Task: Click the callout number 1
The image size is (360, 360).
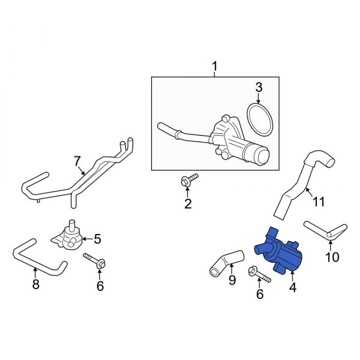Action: (x=214, y=65)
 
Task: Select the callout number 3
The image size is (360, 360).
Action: (x=259, y=88)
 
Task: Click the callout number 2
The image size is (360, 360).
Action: (x=187, y=205)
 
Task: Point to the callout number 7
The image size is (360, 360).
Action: (x=77, y=161)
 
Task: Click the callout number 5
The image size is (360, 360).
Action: (x=97, y=239)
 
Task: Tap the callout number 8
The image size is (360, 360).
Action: (x=35, y=284)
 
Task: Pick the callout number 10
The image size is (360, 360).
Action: (x=331, y=257)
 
